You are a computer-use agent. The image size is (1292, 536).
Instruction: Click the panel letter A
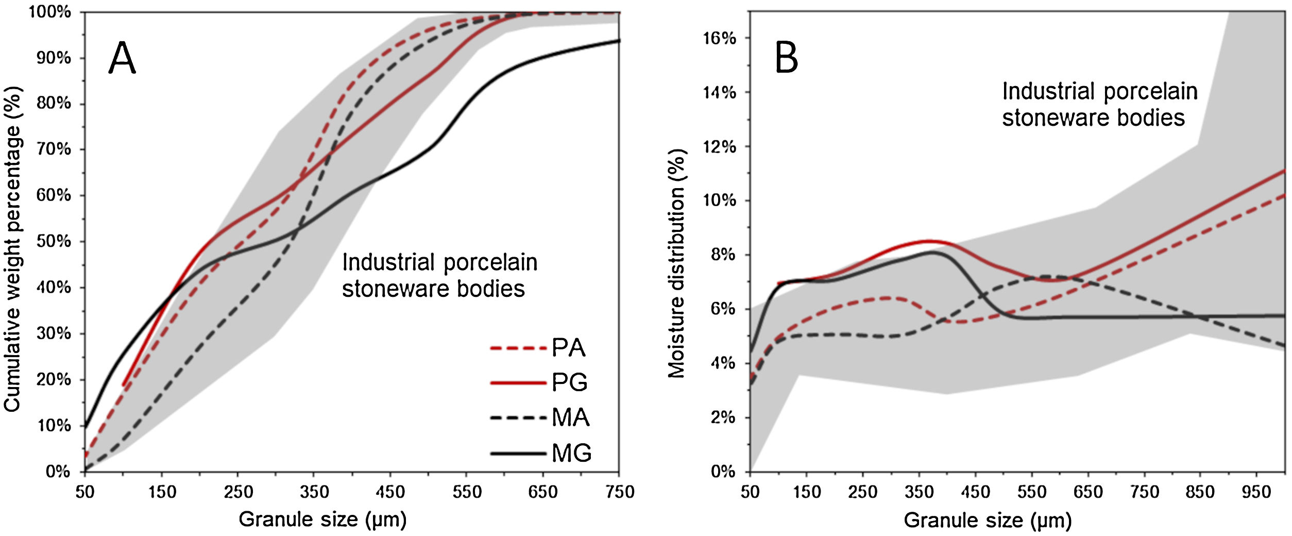(122, 59)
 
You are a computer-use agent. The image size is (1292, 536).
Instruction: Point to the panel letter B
(787, 58)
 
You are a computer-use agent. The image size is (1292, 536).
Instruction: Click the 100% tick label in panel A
(49, 12)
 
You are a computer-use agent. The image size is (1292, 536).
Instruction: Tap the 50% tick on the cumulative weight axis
(54, 241)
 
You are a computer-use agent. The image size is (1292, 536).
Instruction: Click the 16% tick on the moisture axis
(720, 38)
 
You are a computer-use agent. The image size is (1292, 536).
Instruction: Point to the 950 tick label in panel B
(1256, 492)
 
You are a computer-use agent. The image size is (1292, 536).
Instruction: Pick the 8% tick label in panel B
(722, 255)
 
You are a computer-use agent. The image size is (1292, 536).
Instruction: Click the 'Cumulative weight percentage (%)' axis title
(13, 249)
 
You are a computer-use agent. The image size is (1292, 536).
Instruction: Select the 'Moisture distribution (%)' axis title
(677, 264)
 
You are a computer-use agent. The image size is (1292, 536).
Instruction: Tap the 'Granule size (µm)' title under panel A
(322, 519)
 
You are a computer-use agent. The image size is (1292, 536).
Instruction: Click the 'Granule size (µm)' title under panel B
(988, 520)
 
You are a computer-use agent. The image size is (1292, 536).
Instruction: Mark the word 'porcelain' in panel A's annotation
(487, 263)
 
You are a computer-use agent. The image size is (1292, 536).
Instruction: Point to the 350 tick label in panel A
(314, 492)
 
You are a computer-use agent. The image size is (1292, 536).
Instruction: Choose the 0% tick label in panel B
(722, 471)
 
